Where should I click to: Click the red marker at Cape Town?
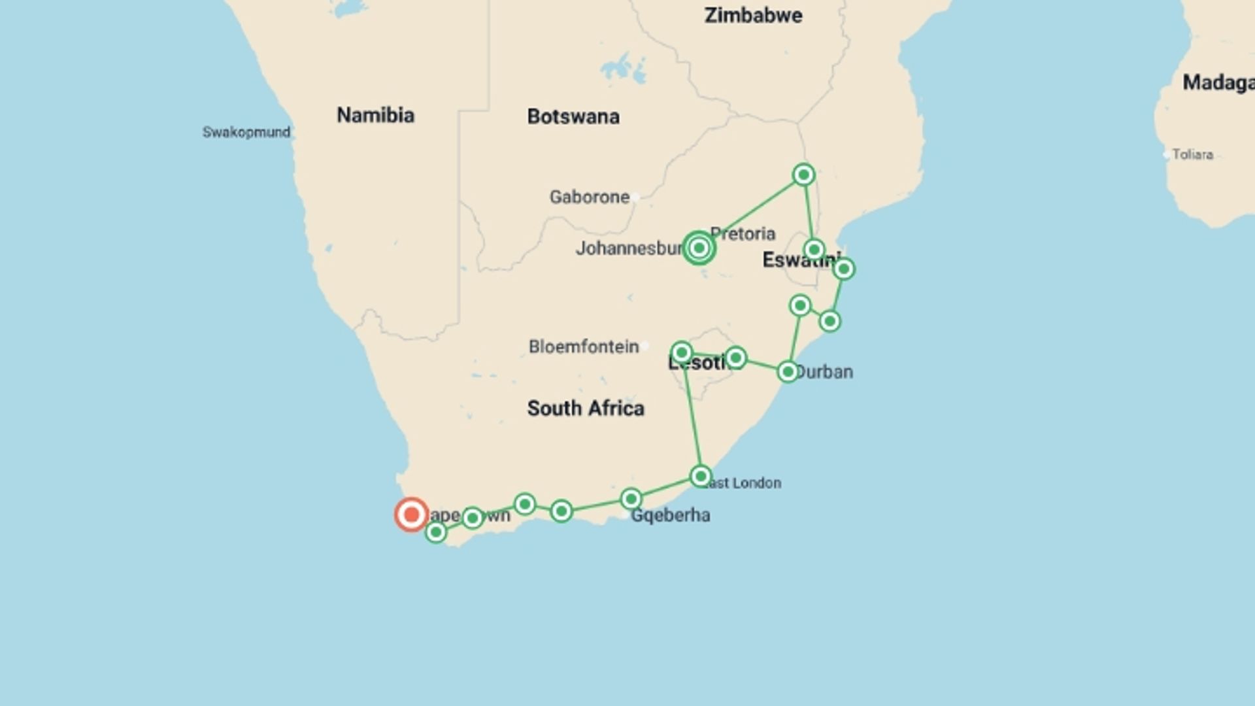point(411,515)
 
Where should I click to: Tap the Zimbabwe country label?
point(753,16)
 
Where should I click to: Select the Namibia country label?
point(375,115)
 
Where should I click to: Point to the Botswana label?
point(573,116)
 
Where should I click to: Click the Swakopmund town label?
point(246,132)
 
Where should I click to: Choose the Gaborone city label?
point(589,197)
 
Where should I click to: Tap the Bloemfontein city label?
point(583,346)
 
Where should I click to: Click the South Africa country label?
point(586,409)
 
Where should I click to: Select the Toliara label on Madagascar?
point(1192,155)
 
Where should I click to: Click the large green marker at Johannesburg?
point(699,248)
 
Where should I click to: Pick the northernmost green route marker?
point(803,175)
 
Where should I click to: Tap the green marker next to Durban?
point(788,372)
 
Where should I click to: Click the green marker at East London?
point(701,476)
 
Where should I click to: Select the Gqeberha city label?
point(670,516)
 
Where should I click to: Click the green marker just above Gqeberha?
point(631,499)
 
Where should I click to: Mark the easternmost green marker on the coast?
point(843,269)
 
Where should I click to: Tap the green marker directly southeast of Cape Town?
point(436,533)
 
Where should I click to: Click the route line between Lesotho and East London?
point(692,415)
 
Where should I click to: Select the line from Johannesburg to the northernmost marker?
point(752,211)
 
